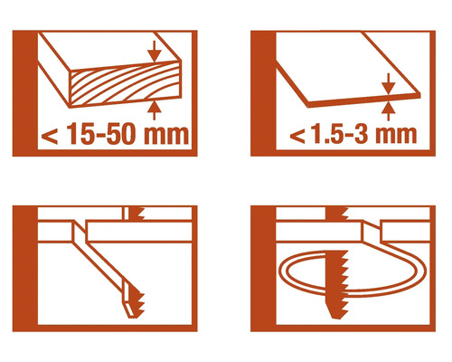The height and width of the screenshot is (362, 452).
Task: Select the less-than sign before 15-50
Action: [50, 138]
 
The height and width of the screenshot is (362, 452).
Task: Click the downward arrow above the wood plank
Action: [155, 51]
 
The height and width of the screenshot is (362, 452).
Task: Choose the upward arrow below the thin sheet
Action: [387, 110]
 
